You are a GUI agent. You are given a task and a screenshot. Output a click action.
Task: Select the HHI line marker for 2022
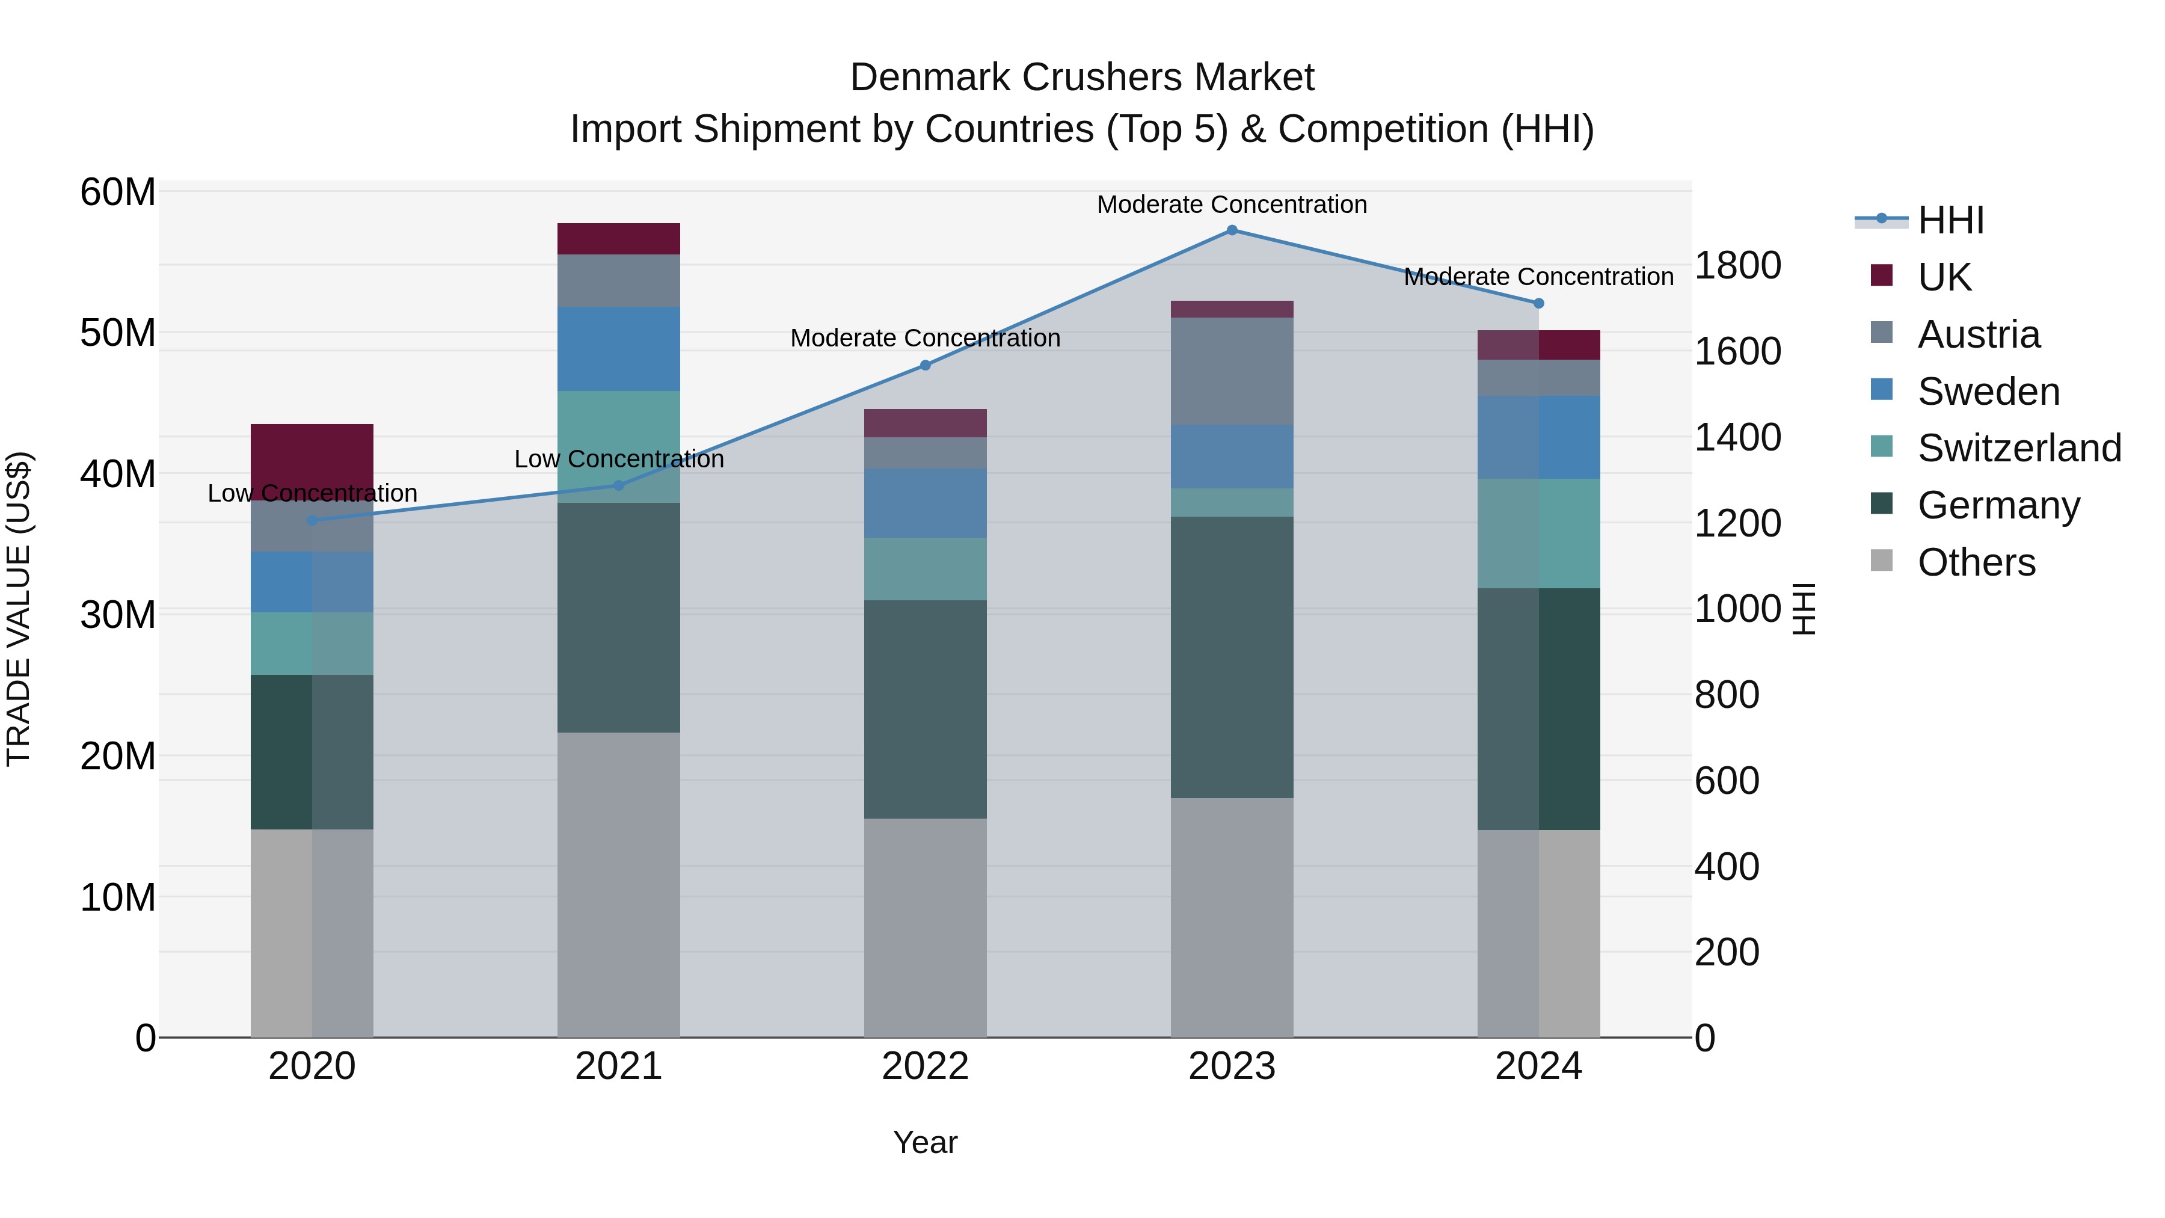926,365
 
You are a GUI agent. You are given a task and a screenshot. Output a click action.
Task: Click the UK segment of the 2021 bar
619,239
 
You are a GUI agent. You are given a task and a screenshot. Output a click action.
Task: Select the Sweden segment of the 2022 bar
926,503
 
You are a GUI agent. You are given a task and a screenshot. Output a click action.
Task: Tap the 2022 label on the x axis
926,1066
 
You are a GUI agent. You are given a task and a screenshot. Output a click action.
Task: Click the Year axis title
926,1142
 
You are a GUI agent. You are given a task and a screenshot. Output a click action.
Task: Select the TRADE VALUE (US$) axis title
19,609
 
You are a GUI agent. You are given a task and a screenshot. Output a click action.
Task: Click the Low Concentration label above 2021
619,459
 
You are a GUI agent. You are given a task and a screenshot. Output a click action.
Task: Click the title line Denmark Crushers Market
1082,78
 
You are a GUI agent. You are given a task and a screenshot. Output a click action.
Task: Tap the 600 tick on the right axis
1726,780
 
